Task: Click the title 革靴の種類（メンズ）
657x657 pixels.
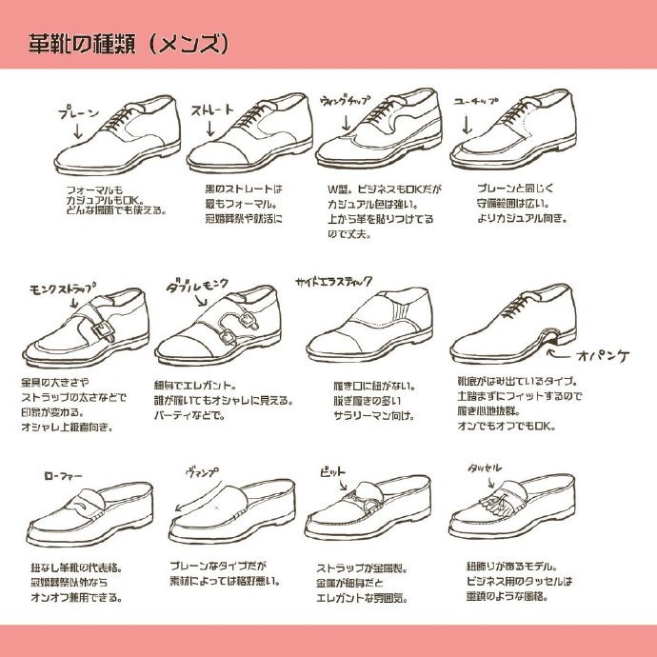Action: pos(128,43)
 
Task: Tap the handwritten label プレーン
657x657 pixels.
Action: pos(79,112)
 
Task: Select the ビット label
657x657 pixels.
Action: pos(332,471)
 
